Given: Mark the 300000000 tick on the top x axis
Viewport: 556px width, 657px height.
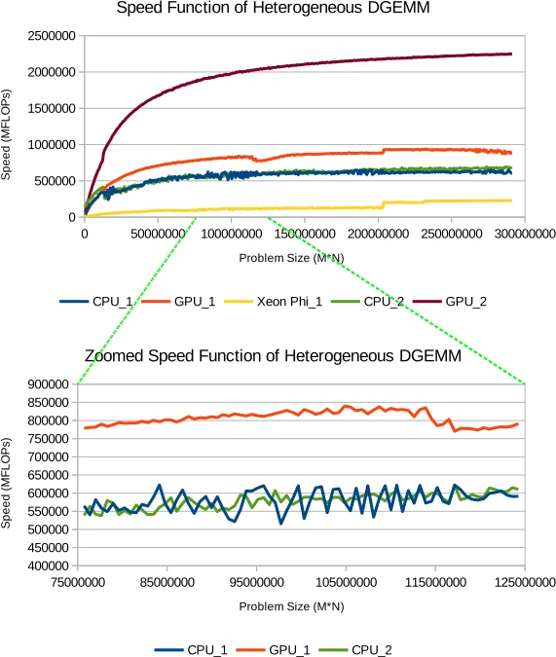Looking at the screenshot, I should point(523,235).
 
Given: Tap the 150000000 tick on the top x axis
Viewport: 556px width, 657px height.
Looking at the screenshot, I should point(304,235).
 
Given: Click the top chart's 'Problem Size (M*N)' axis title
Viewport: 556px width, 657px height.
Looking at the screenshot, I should point(290,259).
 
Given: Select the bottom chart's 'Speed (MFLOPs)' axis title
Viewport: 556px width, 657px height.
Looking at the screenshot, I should point(9,475).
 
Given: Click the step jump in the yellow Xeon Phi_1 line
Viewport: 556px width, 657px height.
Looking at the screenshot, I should point(385,204).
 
